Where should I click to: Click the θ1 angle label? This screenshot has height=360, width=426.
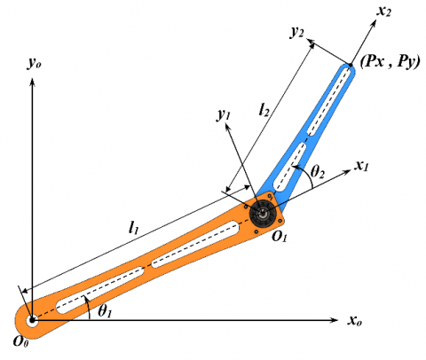click(x=105, y=311)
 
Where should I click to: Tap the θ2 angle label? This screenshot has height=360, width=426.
click(x=318, y=171)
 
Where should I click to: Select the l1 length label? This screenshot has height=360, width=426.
click(x=134, y=228)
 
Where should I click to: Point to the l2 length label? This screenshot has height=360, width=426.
click(x=264, y=110)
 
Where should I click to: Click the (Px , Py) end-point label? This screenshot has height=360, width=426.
click(x=390, y=62)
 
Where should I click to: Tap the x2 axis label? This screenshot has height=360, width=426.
click(x=383, y=12)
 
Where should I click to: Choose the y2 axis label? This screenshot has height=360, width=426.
click(x=296, y=33)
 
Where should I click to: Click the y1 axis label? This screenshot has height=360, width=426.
click(x=224, y=114)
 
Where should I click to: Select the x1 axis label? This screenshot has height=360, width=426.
click(x=361, y=166)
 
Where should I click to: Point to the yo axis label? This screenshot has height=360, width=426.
click(x=34, y=63)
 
